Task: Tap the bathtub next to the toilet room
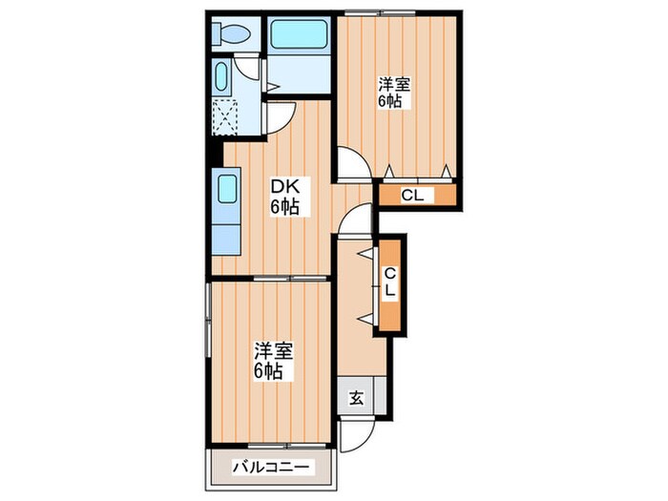299,35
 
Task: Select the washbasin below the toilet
220,75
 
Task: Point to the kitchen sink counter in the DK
226,212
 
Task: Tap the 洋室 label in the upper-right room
389,82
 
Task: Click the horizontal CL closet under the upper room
417,196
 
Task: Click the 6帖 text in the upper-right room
389,101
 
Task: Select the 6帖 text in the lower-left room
268,371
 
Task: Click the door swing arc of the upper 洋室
351,165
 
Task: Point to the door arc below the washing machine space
278,120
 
